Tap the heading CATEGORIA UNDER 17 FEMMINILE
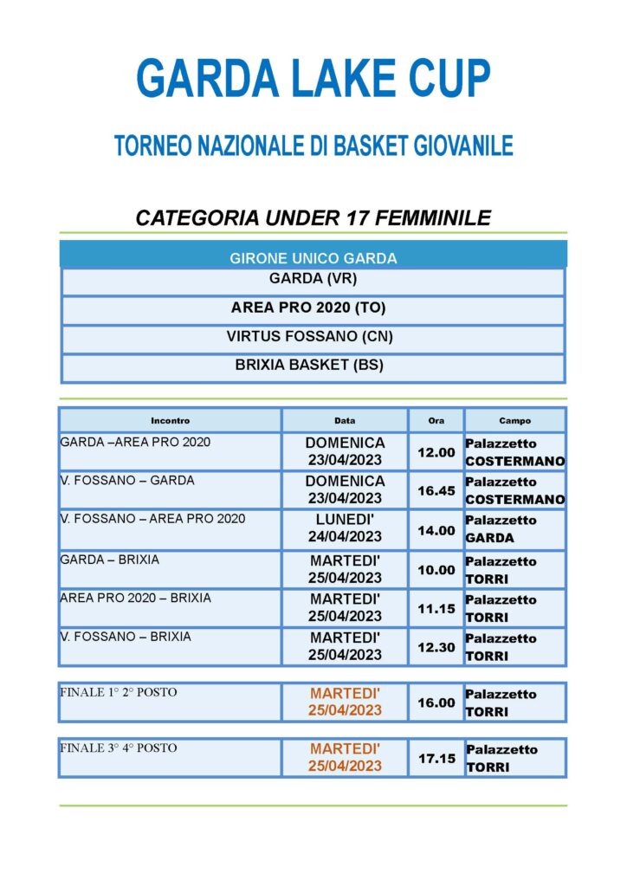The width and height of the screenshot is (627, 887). coord(313,217)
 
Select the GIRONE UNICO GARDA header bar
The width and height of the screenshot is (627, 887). coord(313,258)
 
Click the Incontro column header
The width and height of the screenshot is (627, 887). coord(170,421)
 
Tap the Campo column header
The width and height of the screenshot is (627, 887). coord(514,421)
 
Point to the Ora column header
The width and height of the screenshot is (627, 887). coord(436,421)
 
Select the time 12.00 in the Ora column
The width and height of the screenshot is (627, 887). coord(436,452)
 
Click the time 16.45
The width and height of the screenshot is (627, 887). coord(436,490)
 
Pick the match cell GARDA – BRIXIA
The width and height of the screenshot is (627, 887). coord(110,560)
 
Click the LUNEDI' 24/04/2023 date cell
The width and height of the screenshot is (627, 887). coord(345,528)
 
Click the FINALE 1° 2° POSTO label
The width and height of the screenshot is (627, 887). coord(119,693)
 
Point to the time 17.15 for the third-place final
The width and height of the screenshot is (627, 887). coord(436,758)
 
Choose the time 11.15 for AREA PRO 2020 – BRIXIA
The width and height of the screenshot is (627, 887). coord(436,608)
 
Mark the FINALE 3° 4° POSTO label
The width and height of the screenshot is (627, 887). coord(119,748)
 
